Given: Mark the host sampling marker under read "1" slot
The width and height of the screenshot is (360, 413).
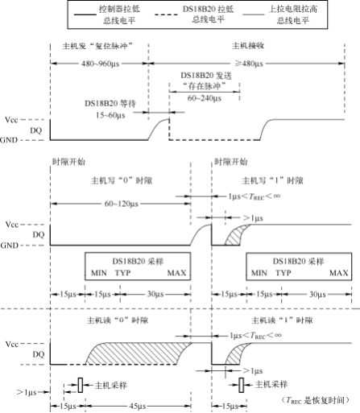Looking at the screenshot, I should pos(240,386).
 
